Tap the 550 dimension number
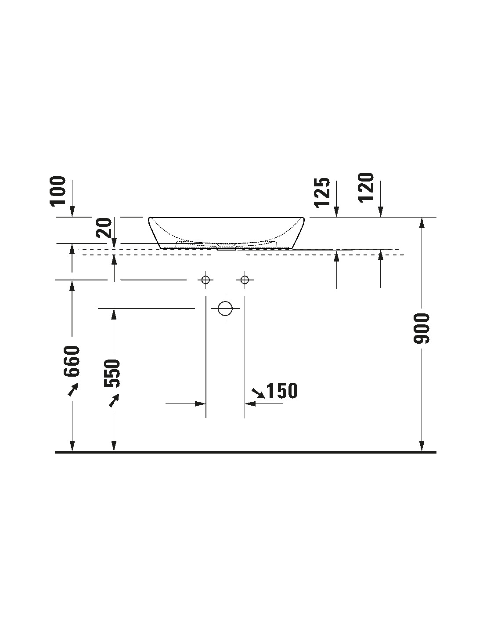(x=112, y=373)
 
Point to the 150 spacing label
(x=282, y=391)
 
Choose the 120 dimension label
(x=365, y=188)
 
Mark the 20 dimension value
(x=104, y=228)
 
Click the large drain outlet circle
(x=225, y=309)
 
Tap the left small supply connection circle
(x=205, y=280)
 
